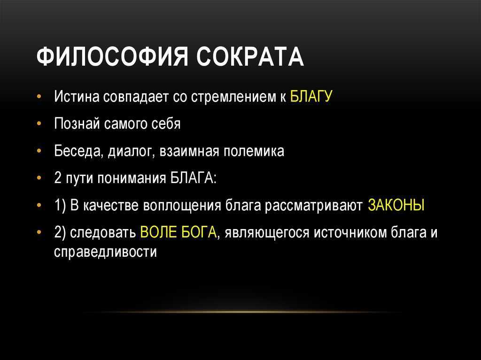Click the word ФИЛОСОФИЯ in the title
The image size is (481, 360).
[112, 57]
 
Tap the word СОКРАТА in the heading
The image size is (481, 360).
[250, 57]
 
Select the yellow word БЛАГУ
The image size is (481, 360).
[311, 96]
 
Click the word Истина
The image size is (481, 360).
[77, 97]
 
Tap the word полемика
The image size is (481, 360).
[253, 151]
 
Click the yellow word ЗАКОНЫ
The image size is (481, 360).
[396, 205]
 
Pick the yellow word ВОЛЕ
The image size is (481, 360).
[158, 232]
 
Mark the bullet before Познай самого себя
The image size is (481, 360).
[39, 124]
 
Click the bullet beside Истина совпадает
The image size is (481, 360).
[39, 97]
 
